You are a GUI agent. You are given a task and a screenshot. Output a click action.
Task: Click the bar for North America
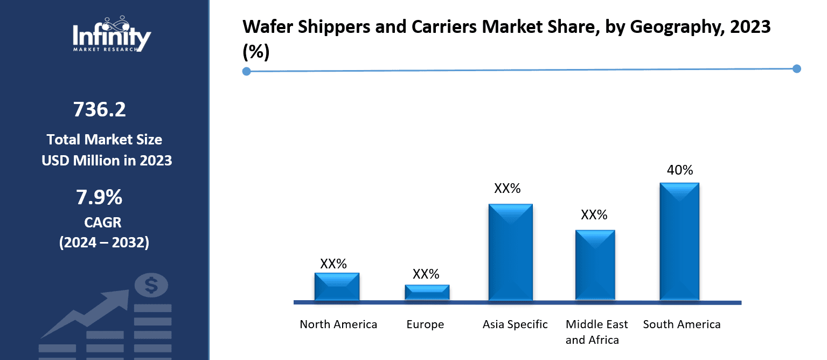(337, 286)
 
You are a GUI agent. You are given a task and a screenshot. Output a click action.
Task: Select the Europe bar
(427, 292)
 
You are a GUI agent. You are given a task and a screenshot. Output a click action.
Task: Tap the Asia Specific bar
(510, 252)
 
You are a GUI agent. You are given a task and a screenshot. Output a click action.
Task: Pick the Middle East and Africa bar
(595, 265)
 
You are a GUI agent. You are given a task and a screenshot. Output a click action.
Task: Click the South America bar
(679, 241)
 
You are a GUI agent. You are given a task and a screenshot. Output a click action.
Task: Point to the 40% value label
(680, 170)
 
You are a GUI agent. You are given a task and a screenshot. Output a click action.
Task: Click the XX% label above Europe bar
(426, 274)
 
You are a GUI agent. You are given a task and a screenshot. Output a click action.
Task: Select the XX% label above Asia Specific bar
(508, 189)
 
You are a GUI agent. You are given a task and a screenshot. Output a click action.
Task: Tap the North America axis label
(338, 324)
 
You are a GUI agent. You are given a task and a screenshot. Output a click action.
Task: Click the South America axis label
(682, 324)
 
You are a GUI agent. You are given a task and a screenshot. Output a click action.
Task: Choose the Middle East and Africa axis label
(596, 332)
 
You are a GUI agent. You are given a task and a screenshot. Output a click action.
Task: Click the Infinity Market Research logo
(112, 36)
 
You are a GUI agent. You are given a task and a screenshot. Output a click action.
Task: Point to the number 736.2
(100, 110)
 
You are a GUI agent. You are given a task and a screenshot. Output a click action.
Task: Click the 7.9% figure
(99, 198)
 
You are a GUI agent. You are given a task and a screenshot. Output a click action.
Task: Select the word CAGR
(103, 222)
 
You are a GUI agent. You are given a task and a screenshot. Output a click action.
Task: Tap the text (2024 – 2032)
(103, 243)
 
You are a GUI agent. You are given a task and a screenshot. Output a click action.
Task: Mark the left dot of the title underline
(247, 71)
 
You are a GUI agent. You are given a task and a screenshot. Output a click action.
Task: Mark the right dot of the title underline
(797, 68)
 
